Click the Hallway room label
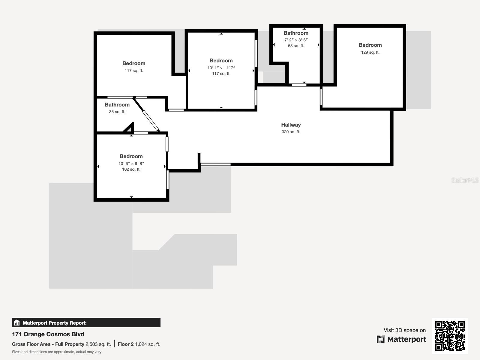pyautogui.click(x=291, y=125)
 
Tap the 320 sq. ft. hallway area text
pyautogui.click(x=291, y=132)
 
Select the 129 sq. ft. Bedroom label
pyautogui.click(x=370, y=45)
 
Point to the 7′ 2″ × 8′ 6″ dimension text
pyautogui.click(x=296, y=40)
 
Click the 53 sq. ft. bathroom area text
pyautogui.click(x=296, y=46)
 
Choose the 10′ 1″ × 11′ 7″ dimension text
pyautogui.click(x=221, y=68)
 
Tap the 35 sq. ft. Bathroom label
pyautogui.click(x=117, y=105)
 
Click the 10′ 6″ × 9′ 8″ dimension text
pyautogui.click(x=131, y=163)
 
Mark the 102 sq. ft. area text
pyautogui.click(x=131, y=169)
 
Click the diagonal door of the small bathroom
pyautogui.click(x=150, y=120)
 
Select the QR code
pyautogui.click(x=450, y=336)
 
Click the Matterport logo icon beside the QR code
pyautogui.click(x=381, y=339)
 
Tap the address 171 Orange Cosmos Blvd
pyautogui.click(x=48, y=334)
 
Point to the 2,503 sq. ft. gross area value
pyautogui.click(x=98, y=344)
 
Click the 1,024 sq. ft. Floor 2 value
pyautogui.click(x=147, y=344)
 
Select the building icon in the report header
pyautogui.click(x=17, y=323)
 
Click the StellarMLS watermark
pyautogui.click(x=465, y=180)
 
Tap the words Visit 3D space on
pyautogui.click(x=404, y=330)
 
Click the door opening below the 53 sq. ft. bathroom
pyautogui.click(x=299, y=85)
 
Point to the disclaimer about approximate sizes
pyautogui.click(x=57, y=352)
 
